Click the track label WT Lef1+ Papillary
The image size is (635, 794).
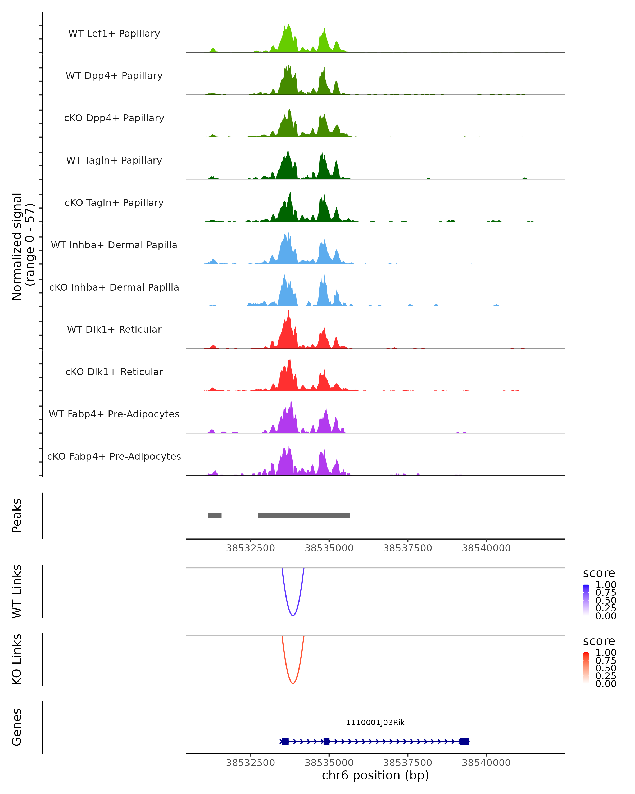114,34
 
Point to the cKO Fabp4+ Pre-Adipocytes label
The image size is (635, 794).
114,456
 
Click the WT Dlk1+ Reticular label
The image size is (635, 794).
114,329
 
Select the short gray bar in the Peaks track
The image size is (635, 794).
215,516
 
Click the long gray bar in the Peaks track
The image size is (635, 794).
304,516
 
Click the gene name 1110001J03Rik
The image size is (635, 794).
375,723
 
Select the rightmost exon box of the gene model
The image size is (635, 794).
464,742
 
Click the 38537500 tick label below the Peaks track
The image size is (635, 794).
407,548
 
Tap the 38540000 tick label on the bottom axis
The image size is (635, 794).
486,763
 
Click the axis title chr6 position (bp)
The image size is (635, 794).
375,775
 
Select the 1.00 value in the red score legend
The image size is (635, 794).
606,653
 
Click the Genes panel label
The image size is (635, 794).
17,727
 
